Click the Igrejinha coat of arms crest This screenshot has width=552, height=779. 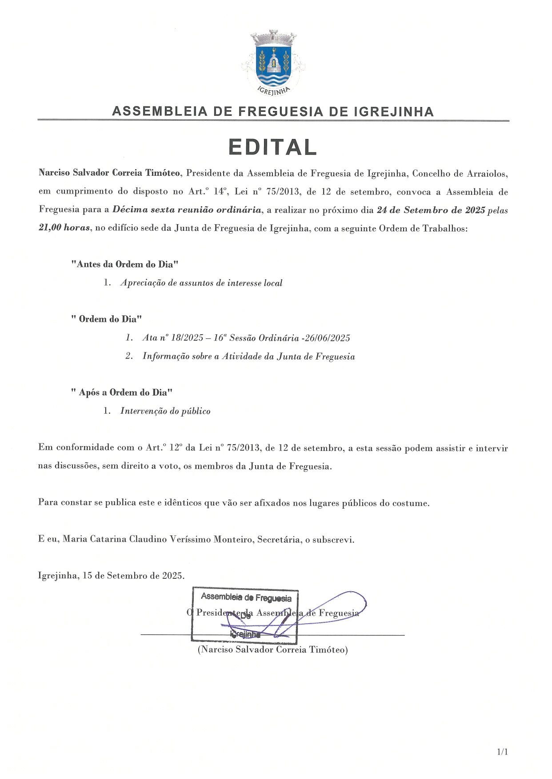tap(273, 62)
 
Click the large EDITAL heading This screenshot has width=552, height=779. tap(273, 147)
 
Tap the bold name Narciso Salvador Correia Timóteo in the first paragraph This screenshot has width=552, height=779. tap(109, 173)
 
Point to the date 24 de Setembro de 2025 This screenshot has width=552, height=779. tap(431, 210)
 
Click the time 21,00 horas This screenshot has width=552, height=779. tap(64, 228)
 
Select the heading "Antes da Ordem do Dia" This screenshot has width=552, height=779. tap(125, 265)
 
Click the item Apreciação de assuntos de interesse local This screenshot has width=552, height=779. tap(201, 283)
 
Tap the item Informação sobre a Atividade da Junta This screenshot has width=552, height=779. tap(248, 356)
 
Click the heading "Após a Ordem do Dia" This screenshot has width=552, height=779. tap(122, 392)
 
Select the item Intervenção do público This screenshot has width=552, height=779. tap(165, 411)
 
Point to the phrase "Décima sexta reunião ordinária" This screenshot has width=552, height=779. tap(187, 210)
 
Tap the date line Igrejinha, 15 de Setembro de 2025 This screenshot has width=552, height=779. tap(111, 576)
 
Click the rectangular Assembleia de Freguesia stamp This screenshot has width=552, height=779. tap(245, 615)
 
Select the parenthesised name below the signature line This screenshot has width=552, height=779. tap(272, 650)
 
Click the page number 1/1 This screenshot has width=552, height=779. tap(502, 752)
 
